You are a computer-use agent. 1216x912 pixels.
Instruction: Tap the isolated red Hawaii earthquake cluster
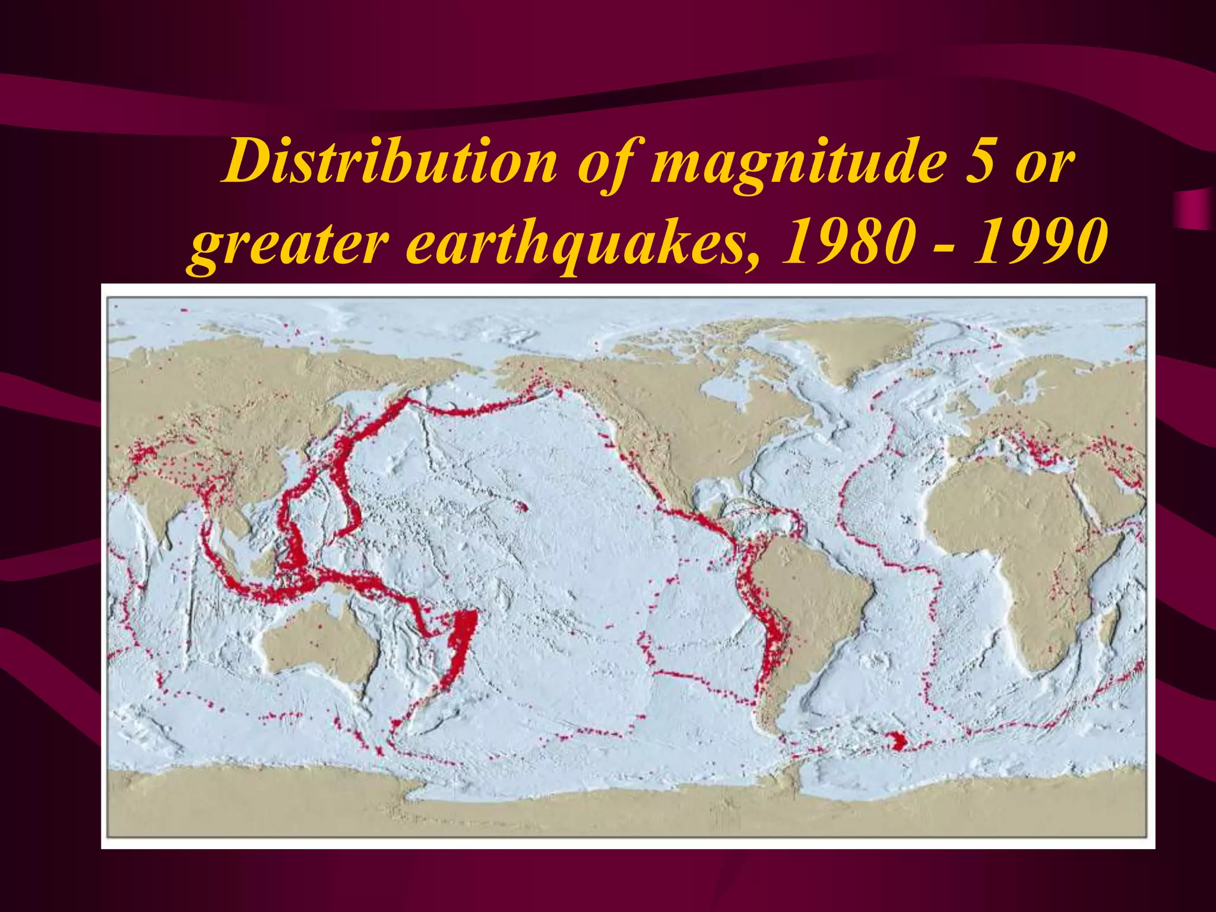pos(522,508)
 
